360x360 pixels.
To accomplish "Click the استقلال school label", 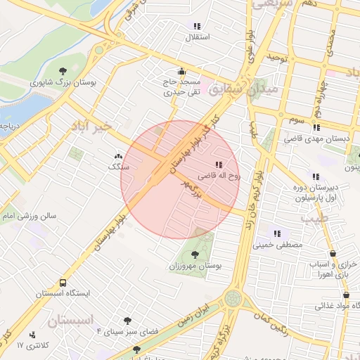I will [197, 37].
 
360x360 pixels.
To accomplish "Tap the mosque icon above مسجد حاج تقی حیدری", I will [182, 70].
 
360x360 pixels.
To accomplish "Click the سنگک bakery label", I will [117, 167].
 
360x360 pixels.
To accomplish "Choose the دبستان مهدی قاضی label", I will [316, 139].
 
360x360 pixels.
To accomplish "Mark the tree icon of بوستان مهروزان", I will [195, 255].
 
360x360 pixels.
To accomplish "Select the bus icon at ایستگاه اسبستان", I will [63, 283].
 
